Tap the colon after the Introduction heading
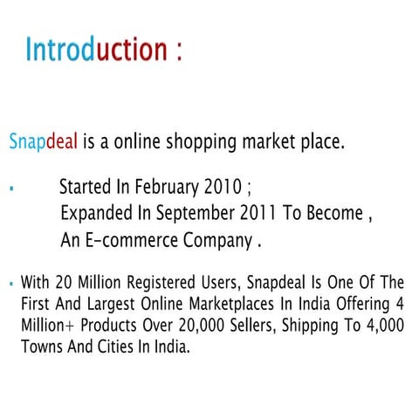[179, 51]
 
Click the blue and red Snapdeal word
[43, 141]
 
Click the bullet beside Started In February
[10, 188]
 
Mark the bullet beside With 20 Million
[10, 284]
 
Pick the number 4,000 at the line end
[381, 325]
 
